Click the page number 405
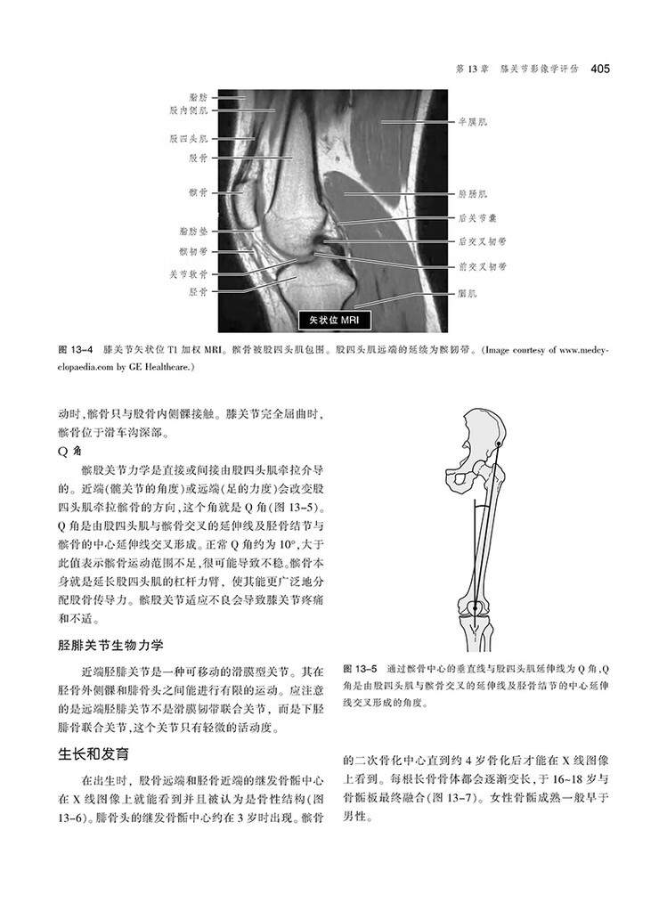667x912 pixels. (x=598, y=68)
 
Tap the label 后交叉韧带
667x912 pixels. (x=482, y=240)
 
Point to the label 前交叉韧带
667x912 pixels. (x=482, y=265)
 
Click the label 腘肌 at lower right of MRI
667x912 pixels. (x=468, y=291)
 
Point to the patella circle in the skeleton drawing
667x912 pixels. (x=478, y=609)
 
